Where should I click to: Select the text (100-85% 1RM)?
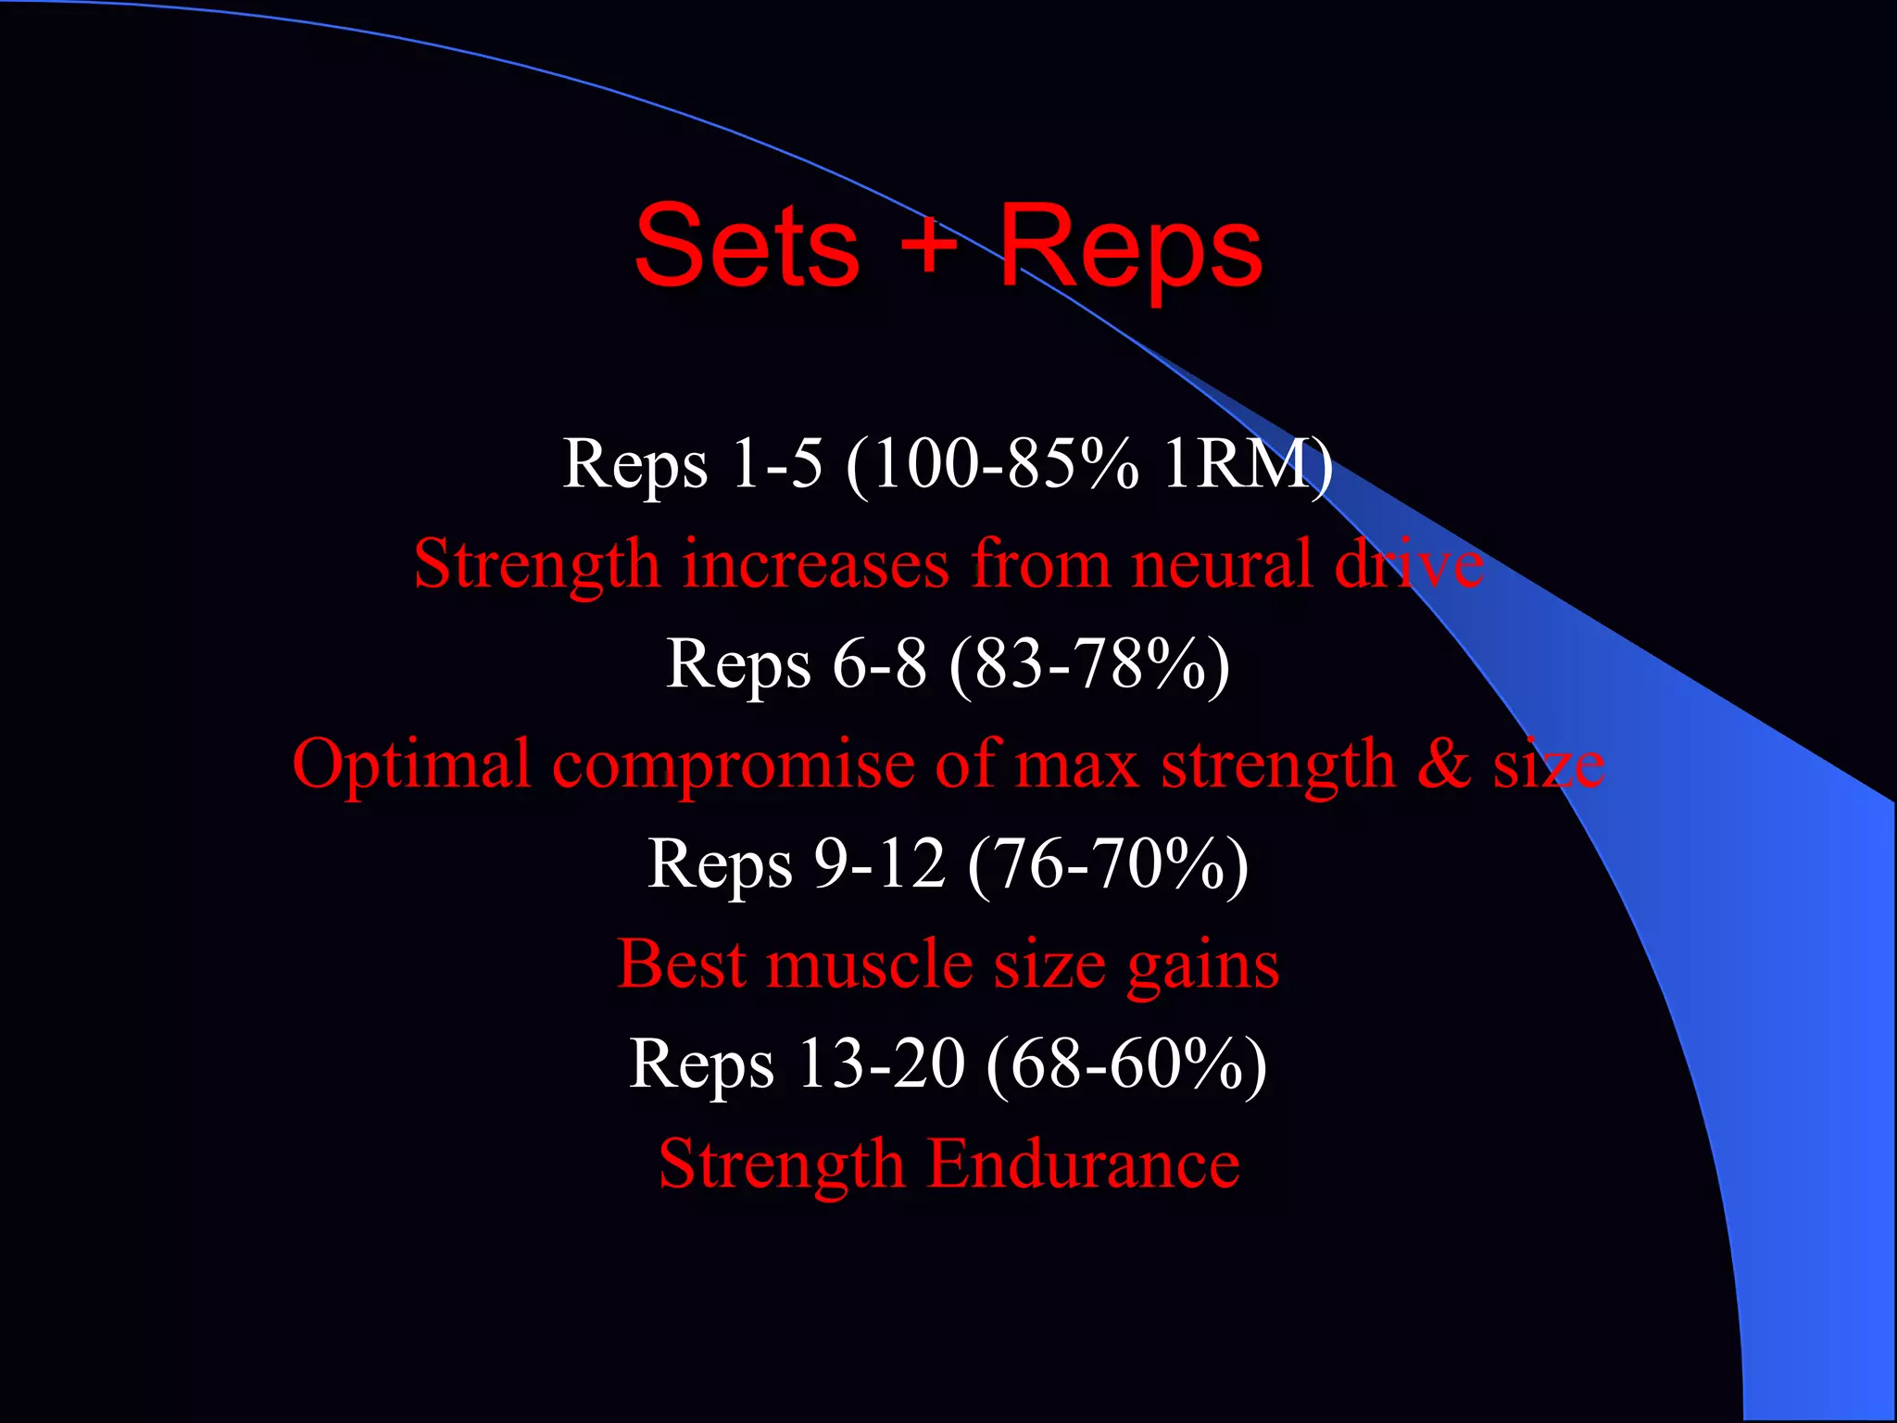1089,463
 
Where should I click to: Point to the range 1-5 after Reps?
776,463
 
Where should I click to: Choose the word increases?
815,563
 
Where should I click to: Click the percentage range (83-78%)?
1089,663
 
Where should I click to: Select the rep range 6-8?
879,663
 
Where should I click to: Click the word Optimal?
411,764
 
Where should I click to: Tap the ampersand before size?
1443,764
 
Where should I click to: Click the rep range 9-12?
879,863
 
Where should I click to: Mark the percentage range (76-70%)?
1108,863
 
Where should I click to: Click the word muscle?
870,964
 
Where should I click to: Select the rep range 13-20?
880,1064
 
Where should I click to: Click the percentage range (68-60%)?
1126,1064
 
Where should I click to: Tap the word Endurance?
1083,1164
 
